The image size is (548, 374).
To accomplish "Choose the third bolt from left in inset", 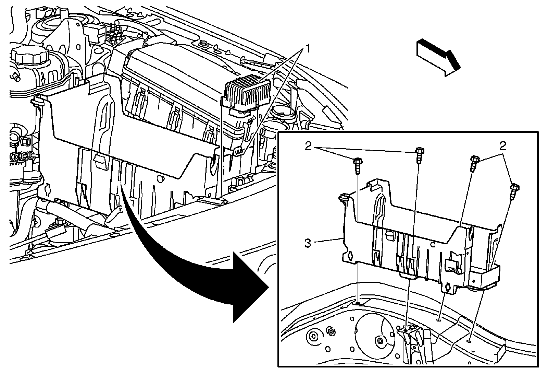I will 474,163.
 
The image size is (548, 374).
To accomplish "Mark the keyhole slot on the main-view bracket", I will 47,188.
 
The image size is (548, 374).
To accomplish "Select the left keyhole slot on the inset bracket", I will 350,256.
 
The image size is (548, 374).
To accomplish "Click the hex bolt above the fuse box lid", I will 204,44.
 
